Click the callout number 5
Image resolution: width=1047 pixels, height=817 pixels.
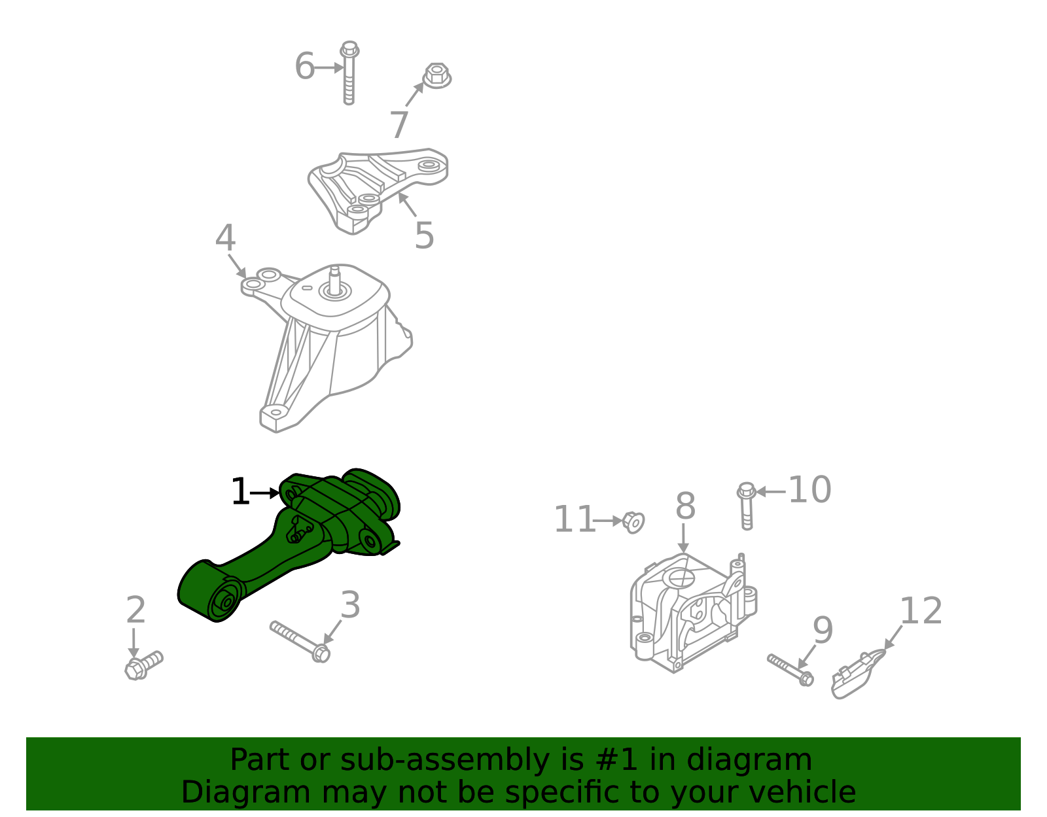[x=424, y=235]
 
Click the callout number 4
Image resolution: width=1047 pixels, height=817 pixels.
[x=225, y=239]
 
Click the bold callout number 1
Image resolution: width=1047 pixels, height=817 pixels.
[x=240, y=492]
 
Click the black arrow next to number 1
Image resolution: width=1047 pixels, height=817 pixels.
[x=265, y=493]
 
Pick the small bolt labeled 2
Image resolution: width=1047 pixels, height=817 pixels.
[x=143, y=665]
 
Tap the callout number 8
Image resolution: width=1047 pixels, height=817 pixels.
[x=685, y=506]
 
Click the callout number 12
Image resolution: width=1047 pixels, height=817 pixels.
[x=921, y=612]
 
